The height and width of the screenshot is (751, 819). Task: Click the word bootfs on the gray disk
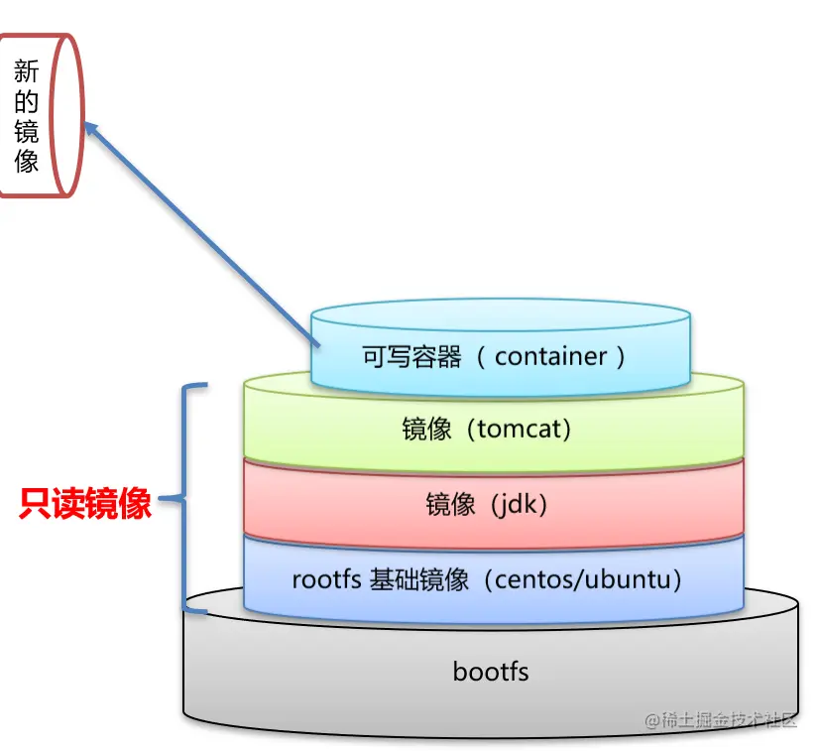click(491, 672)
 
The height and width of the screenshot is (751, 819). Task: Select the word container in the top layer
click(550, 356)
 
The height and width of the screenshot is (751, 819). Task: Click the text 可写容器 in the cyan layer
click(412, 357)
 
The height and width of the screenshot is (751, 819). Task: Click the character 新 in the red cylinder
click(27, 70)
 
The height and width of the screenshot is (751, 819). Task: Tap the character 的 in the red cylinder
click(27, 100)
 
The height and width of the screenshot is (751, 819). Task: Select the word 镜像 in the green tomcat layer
click(426, 430)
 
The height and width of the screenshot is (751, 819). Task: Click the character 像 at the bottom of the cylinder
click(27, 160)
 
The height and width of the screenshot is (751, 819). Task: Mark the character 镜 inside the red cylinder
click(27, 130)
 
